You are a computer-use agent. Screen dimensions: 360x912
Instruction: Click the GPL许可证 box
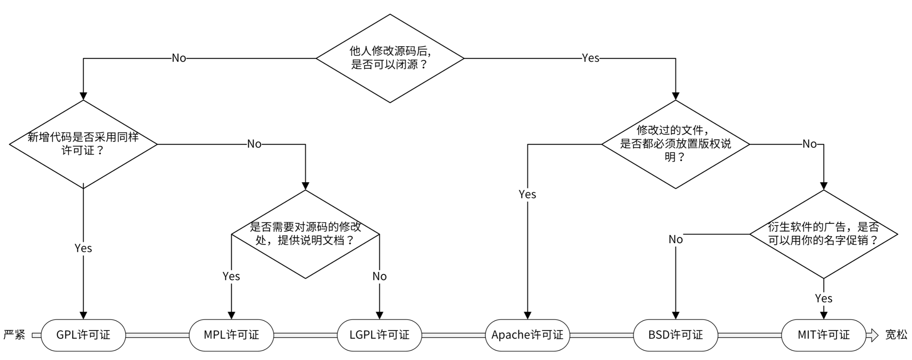click(83, 335)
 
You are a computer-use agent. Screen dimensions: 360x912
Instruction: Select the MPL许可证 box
click(231, 335)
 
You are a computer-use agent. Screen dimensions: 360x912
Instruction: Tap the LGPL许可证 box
click(379, 335)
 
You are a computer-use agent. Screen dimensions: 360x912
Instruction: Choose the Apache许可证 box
click(527, 335)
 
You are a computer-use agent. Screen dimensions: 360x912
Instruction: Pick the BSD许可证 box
click(675, 335)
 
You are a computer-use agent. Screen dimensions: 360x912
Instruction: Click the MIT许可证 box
click(824, 335)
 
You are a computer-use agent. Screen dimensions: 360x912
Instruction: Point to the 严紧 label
click(14, 335)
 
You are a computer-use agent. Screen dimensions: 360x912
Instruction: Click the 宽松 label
click(896, 335)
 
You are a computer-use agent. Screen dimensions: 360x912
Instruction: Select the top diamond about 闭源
click(390, 58)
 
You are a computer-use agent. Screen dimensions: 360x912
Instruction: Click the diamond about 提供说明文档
click(305, 234)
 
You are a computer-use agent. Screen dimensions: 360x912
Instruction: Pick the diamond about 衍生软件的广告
click(824, 234)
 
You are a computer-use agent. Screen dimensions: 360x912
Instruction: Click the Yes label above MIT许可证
click(824, 298)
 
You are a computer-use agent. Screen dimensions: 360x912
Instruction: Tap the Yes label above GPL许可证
click(83, 248)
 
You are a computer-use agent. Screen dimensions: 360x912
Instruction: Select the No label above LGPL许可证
click(379, 276)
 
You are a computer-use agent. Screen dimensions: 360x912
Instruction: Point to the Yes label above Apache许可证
click(527, 194)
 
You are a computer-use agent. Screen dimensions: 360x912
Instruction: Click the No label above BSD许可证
click(675, 240)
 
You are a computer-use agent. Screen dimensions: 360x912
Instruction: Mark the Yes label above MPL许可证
click(231, 276)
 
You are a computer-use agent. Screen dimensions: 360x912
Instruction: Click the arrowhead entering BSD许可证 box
click(675, 315)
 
